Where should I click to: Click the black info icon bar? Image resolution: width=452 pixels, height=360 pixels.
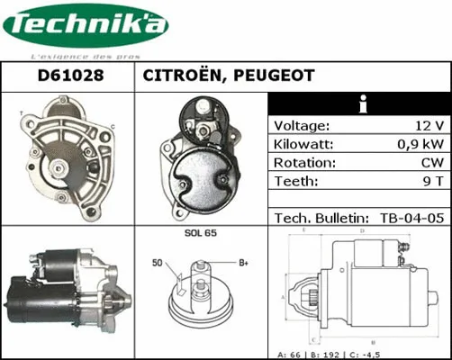(x=360, y=104)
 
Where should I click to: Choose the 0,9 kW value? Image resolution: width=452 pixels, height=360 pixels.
(x=421, y=144)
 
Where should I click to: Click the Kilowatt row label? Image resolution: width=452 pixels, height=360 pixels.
(x=304, y=144)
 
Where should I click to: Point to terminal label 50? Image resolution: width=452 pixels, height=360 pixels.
(x=158, y=263)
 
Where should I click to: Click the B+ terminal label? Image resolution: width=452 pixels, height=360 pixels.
(x=242, y=263)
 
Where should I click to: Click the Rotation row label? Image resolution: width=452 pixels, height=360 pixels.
(x=303, y=163)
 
